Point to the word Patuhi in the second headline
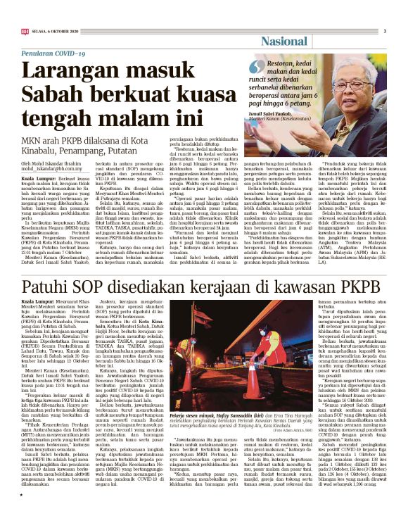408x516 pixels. (47, 288)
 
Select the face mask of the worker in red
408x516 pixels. (227, 333)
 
